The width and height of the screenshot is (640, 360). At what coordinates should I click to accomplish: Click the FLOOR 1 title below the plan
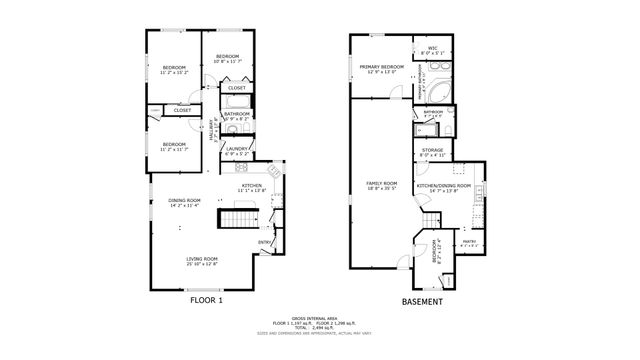pyautogui.click(x=206, y=298)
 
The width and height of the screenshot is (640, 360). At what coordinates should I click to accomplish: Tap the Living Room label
pyautogui.click(x=202, y=260)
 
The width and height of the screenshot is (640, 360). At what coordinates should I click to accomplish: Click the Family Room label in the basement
pyautogui.click(x=382, y=185)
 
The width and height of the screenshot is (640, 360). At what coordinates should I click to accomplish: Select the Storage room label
pyautogui.click(x=432, y=152)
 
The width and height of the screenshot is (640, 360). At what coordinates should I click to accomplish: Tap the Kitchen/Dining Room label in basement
pyautogui.click(x=443, y=186)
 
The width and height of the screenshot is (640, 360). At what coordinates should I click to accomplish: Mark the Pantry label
pyautogui.click(x=469, y=241)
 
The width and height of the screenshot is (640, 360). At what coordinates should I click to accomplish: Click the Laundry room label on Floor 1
pyautogui.click(x=236, y=151)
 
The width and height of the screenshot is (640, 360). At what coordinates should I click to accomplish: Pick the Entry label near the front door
pyautogui.click(x=266, y=241)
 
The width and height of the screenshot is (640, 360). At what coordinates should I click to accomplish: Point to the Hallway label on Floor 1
pyautogui.click(x=213, y=130)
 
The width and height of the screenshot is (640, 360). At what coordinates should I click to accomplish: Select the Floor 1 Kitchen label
pyautogui.click(x=251, y=186)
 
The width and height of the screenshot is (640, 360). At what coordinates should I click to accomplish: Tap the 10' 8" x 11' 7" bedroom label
pyautogui.click(x=227, y=58)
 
